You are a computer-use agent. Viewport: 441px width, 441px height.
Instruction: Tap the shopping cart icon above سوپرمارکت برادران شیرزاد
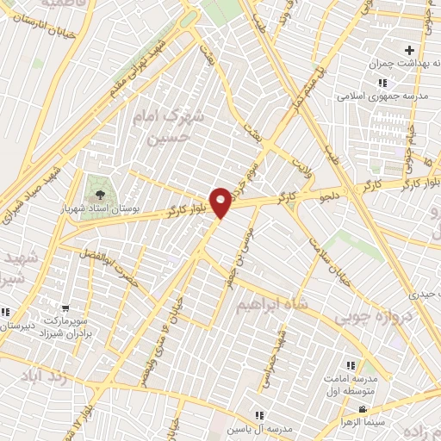66,307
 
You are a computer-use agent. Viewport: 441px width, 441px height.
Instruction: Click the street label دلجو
330,198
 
